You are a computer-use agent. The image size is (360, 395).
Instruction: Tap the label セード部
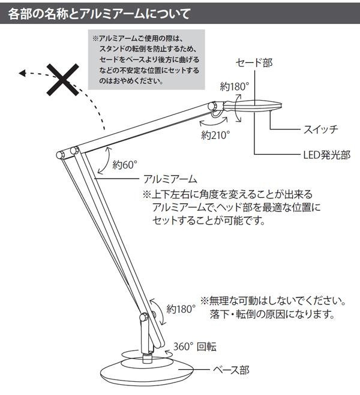coord(254,62)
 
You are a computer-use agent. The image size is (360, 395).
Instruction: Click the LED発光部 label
coord(326,155)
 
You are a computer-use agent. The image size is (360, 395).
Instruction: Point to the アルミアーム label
coord(170,179)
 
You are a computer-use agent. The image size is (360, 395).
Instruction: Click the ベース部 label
coord(230,369)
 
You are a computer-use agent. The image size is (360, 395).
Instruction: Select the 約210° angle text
coord(216,135)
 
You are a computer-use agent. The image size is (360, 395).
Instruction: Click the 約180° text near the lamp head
coord(234,86)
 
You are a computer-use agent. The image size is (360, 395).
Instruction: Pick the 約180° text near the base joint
coord(182,310)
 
